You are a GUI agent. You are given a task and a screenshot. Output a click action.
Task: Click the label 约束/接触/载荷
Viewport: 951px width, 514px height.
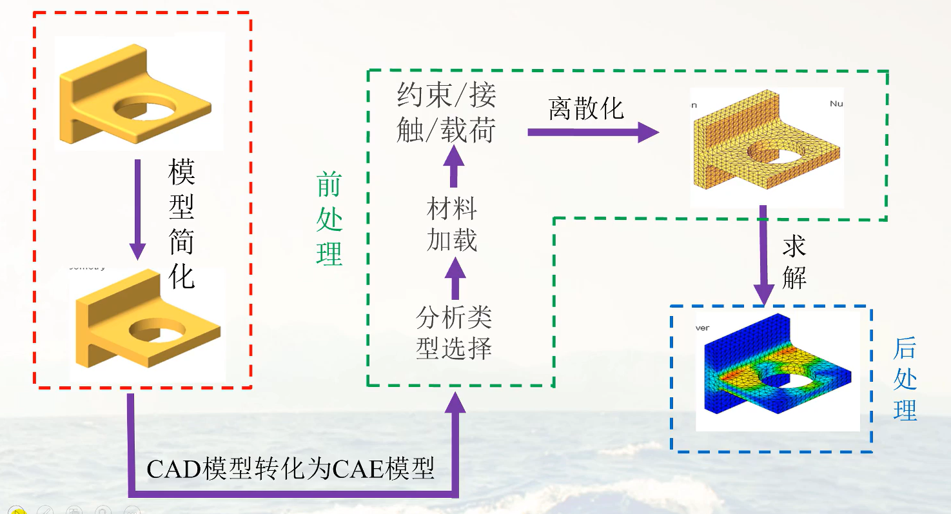click(446, 113)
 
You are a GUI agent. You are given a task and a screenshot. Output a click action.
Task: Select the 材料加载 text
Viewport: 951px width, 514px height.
click(452, 225)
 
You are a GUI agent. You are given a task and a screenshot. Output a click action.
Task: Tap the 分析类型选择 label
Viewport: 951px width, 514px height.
click(454, 333)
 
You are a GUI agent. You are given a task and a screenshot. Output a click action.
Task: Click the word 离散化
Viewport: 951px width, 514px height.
click(586, 109)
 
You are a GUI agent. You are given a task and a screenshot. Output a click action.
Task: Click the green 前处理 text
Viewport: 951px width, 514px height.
click(329, 220)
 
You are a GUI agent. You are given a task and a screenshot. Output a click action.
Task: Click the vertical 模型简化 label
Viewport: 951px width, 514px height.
click(181, 224)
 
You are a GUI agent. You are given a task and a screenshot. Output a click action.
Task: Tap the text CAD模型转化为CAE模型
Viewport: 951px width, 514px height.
click(290, 469)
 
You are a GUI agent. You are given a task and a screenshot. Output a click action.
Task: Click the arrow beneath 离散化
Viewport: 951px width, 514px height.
click(593, 132)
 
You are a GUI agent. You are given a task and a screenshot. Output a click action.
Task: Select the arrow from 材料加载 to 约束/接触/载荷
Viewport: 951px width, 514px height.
click(453, 166)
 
